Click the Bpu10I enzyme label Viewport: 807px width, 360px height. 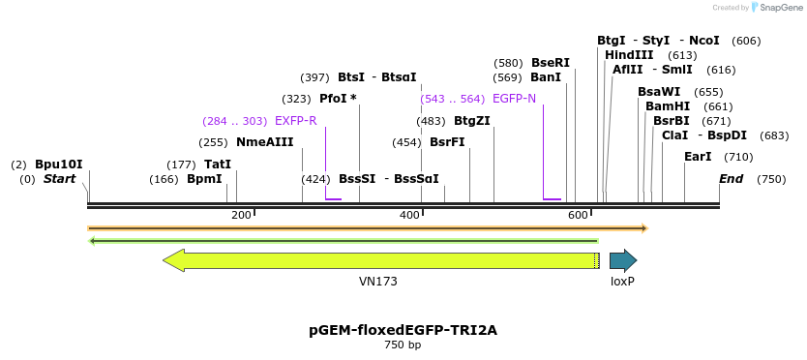pos(59,165)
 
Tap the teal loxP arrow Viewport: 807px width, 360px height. pos(622,260)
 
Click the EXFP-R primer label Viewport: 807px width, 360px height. pos(295,121)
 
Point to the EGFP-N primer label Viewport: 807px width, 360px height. pos(514,99)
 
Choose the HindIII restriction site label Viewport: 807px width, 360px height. pos(629,55)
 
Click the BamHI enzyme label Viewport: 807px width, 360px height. pos(668,106)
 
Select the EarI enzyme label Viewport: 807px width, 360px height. pos(698,157)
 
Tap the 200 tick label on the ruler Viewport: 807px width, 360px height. pos(241,214)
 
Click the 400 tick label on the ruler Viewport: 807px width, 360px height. pos(409,214)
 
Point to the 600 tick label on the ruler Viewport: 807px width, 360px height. pos(578,214)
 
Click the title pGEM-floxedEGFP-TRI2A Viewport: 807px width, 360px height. pos(403,330)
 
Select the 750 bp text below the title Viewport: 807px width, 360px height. pos(403,345)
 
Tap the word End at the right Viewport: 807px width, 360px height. pos(731,179)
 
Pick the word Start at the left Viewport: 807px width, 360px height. pos(59,179)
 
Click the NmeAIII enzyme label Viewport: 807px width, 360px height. pos(264,142)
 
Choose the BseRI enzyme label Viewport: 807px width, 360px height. pos(550,63)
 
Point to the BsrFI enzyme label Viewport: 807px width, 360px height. pos(447,142)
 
